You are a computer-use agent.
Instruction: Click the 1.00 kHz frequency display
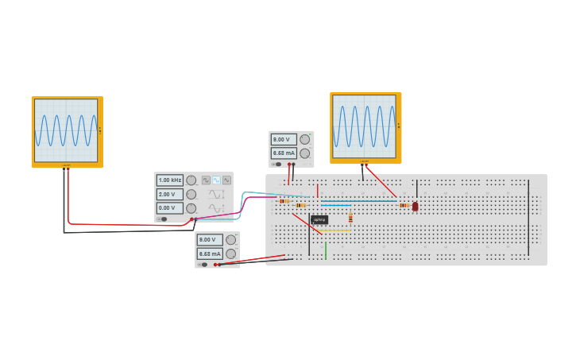point(169,180)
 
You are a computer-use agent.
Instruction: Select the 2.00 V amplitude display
point(169,194)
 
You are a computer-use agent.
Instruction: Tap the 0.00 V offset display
point(169,208)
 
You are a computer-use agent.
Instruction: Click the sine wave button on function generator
point(216,180)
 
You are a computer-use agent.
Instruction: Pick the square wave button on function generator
point(206,180)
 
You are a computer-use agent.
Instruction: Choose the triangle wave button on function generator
point(226,180)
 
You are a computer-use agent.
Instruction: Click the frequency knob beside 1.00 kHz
point(191,180)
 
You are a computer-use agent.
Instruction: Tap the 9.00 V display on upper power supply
point(283,139)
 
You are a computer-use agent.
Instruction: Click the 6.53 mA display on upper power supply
point(283,153)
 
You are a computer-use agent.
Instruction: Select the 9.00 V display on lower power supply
point(209,239)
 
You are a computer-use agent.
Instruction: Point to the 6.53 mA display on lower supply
point(209,254)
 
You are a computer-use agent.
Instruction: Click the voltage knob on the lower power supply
point(230,239)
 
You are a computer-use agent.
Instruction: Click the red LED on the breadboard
point(415,206)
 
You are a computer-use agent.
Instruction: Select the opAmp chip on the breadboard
point(319,219)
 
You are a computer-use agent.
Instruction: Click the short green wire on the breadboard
point(326,250)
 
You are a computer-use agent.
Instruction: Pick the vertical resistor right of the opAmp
point(350,218)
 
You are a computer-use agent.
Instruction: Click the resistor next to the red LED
point(404,206)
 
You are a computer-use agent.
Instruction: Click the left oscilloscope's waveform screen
point(66,130)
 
